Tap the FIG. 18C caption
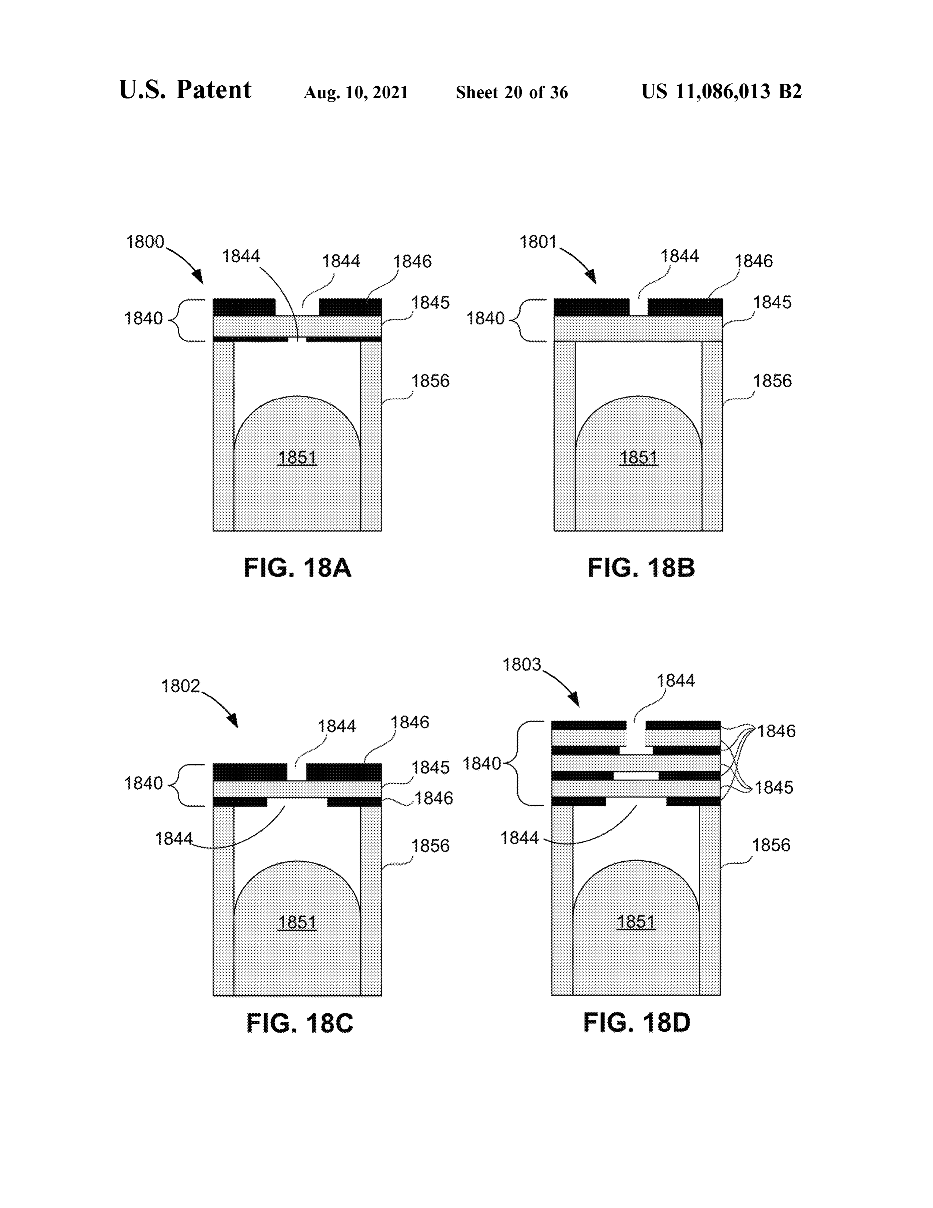[300, 1023]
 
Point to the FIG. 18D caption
[637, 1022]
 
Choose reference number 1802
[180, 686]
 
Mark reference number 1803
[521, 664]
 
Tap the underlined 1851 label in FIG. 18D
[636, 922]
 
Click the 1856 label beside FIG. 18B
[772, 381]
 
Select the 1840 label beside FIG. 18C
[143, 783]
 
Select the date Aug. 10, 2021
[356, 92]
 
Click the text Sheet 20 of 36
[512, 92]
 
